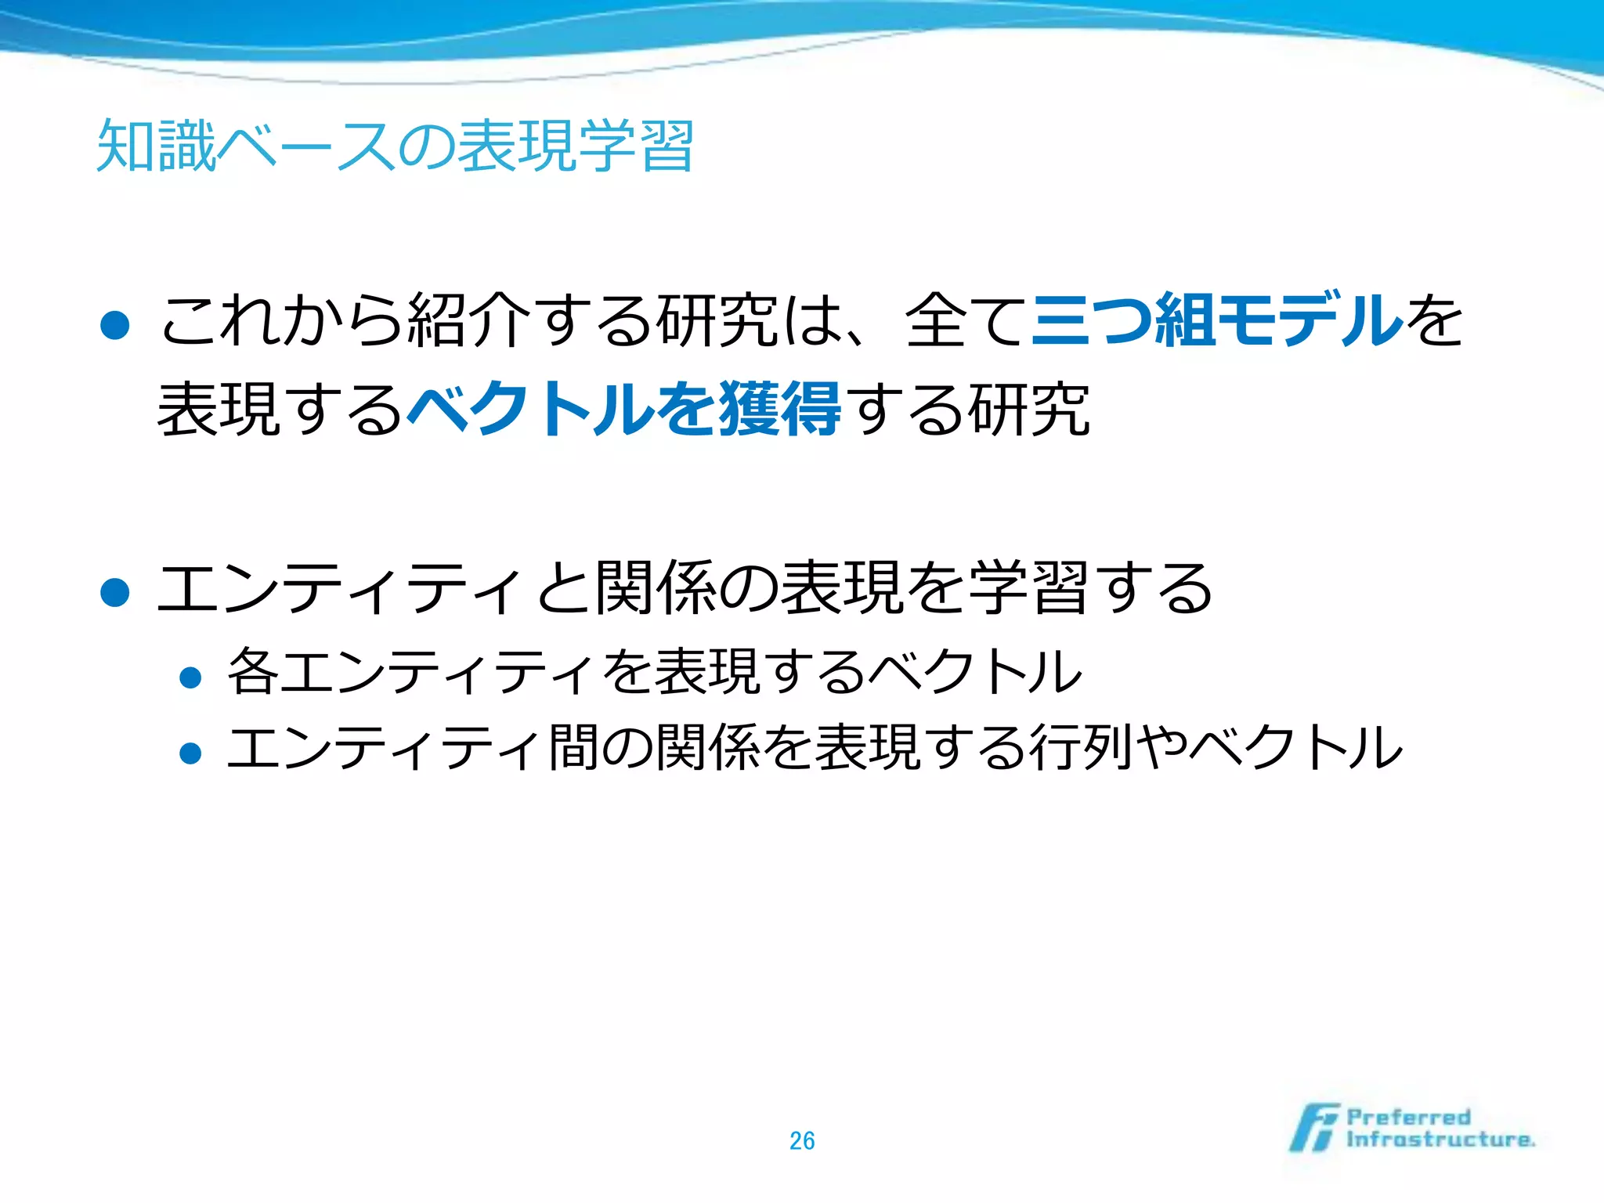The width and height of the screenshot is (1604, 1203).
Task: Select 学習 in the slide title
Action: pos(635,146)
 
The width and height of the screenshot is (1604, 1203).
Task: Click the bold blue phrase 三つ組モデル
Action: pos(1216,320)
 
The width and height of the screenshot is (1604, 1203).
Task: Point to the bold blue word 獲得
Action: pos(780,409)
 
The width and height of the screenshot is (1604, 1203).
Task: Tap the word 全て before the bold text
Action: pos(965,320)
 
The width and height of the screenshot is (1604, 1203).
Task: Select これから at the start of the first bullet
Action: pos(282,320)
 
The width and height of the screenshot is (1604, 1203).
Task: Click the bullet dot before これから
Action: pos(115,325)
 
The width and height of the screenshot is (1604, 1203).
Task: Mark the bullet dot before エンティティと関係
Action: pos(115,593)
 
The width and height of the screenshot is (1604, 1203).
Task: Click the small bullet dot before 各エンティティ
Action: pos(190,677)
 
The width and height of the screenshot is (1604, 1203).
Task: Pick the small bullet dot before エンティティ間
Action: pos(190,753)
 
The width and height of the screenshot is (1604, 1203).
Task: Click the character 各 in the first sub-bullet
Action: pos(252,671)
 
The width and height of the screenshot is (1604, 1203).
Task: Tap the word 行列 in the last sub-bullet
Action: pos(1082,747)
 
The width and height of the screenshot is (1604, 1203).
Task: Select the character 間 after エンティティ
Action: pos(573,747)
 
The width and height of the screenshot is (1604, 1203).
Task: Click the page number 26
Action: pos(802,1141)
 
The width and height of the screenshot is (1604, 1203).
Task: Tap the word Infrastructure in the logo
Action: pos(1440,1140)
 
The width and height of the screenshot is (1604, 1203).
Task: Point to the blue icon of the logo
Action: pos(1314,1128)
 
